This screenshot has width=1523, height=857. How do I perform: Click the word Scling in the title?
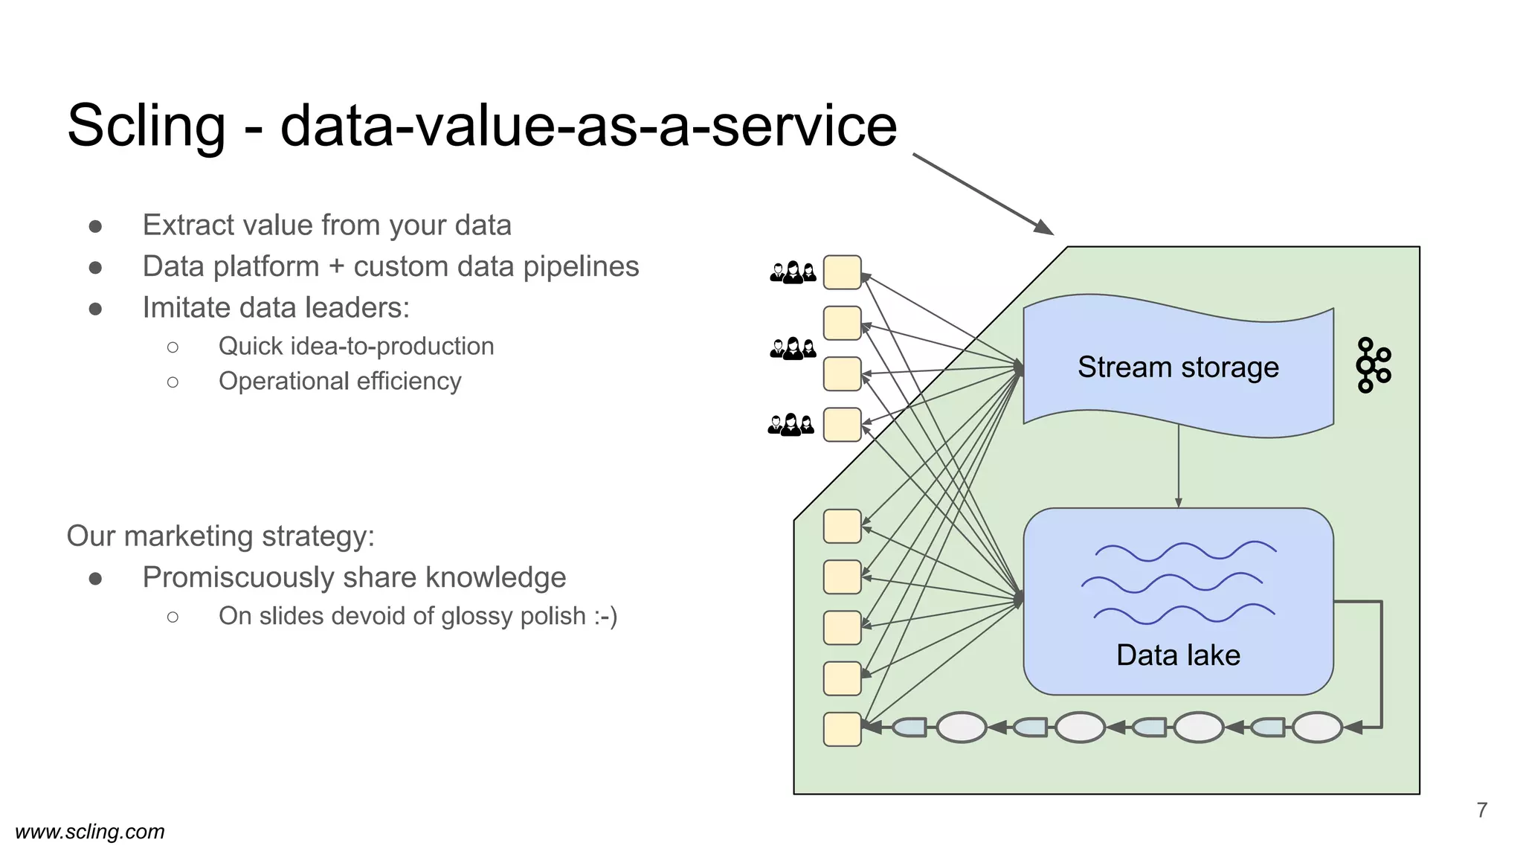[146, 126]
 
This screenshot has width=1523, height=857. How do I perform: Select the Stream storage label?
[1178, 367]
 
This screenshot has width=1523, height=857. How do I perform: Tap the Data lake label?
[1178, 655]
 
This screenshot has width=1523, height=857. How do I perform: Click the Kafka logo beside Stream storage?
[1373, 365]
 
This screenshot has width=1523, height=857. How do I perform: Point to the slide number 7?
[1481, 810]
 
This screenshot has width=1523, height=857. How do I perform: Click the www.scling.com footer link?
[90, 832]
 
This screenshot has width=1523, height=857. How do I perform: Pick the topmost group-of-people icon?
[793, 273]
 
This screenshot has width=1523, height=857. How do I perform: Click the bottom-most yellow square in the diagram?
[842, 729]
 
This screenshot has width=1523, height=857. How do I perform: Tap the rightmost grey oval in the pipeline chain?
[1317, 728]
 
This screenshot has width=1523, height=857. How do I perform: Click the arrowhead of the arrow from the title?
[1044, 228]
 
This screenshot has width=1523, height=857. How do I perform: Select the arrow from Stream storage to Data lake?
[1178, 466]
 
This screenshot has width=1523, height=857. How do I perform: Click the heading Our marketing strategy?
[221, 536]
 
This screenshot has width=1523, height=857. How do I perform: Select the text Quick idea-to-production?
[356, 346]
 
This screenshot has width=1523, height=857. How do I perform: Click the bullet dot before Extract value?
[95, 226]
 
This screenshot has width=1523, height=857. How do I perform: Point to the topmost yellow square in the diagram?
[842, 272]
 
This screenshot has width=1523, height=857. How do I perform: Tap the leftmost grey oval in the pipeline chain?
[961, 728]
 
